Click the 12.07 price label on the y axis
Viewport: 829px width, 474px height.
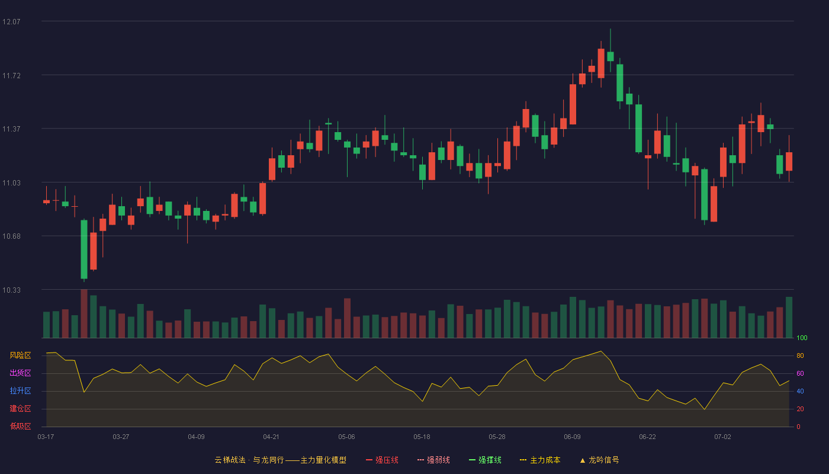[11, 22]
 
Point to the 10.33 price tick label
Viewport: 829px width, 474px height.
[11, 290]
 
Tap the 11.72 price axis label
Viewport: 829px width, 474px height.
[11, 76]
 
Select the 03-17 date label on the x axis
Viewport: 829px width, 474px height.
[46, 437]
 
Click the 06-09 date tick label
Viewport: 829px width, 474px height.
[572, 437]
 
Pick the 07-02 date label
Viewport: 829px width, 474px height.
[723, 437]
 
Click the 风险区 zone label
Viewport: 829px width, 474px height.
[20, 355]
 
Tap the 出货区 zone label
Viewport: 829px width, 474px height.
[20, 373]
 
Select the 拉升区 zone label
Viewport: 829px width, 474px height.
[20, 390]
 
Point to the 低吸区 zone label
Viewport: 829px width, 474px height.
[20, 426]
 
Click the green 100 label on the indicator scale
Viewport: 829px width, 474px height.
[802, 338]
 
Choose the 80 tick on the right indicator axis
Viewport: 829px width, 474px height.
[800, 355]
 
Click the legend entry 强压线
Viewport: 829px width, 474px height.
[382, 460]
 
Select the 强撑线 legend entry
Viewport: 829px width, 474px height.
[485, 460]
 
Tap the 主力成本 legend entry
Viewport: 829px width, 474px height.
[540, 460]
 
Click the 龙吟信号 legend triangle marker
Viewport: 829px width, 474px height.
[583, 461]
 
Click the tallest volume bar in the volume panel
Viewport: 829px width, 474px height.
[84, 313]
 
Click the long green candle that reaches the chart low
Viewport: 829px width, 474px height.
[84, 249]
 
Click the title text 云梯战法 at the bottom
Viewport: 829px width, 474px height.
[230, 460]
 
